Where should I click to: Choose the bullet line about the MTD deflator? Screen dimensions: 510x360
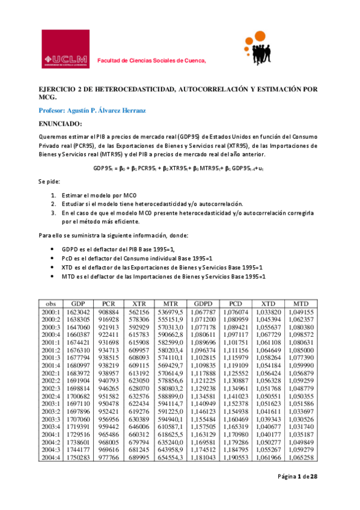pos(163,275)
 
